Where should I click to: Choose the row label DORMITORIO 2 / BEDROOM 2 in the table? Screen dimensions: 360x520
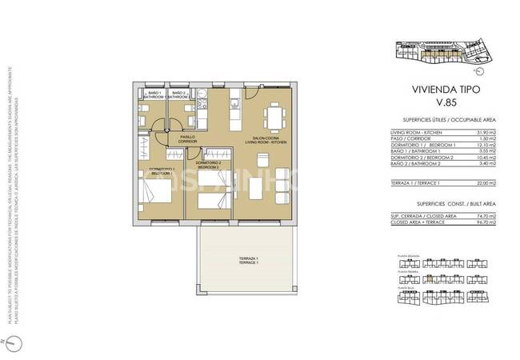(421, 157)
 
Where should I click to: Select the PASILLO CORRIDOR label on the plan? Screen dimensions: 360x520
(187, 138)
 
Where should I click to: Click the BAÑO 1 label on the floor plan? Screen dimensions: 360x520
(156, 95)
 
